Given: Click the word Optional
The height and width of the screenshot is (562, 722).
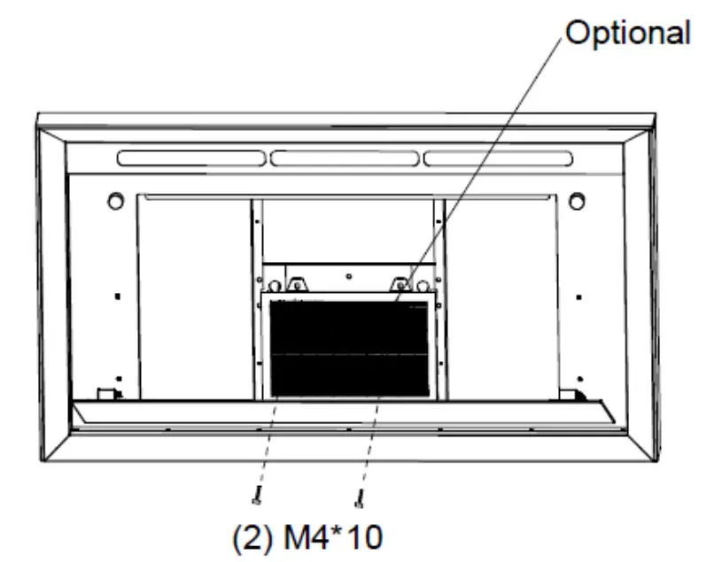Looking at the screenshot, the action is click(628, 33).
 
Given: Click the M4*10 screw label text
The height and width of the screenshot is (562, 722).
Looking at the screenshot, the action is click(307, 537).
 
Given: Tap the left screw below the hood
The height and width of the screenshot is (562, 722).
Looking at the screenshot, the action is click(256, 496).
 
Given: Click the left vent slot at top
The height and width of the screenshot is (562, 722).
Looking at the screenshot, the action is click(190, 158).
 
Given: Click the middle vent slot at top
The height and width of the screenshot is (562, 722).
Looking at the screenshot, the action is click(345, 158).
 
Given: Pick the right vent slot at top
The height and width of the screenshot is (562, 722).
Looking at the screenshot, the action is click(498, 158).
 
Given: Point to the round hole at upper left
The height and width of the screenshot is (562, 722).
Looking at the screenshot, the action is click(115, 201).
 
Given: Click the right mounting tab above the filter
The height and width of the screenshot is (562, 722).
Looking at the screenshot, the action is click(400, 285).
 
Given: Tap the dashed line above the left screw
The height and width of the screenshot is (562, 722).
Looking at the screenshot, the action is click(266, 443).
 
